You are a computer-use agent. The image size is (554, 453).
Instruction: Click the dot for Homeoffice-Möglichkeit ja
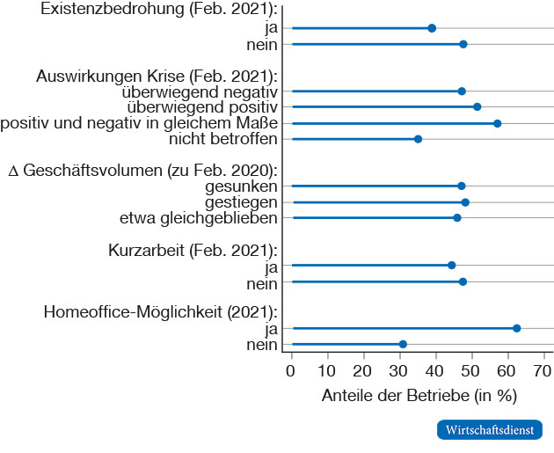(x=516, y=328)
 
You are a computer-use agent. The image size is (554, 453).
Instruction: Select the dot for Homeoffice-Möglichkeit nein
(x=403, y=344)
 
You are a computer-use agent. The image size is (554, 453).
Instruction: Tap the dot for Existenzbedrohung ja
(x=432, y=28)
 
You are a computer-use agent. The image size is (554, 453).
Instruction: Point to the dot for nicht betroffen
(x=418, y=139)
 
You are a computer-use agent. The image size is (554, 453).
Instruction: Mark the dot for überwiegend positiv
(x=477, y=106)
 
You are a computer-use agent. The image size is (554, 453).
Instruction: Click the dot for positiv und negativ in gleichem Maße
(x=497, y=123)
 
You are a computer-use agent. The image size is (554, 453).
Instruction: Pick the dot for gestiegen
(x=465, y=202)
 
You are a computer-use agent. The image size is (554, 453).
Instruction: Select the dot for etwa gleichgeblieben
(x=456, y=217)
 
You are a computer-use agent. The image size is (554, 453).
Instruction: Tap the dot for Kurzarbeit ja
(x=452, y=265)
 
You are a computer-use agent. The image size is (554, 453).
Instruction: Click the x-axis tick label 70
(x=543, y=370)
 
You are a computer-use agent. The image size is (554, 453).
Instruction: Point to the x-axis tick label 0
(x=291, y=370)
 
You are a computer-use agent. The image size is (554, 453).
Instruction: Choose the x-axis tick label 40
(x=435, y=370)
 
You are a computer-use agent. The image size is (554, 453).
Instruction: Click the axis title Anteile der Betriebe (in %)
(x=418, y=395)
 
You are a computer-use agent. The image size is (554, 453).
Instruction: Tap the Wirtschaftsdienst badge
(x=490, y=430)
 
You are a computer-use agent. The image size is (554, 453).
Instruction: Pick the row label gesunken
(x=244, y=186)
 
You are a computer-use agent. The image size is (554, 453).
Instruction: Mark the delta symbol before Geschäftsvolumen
(x=12, y=171)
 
